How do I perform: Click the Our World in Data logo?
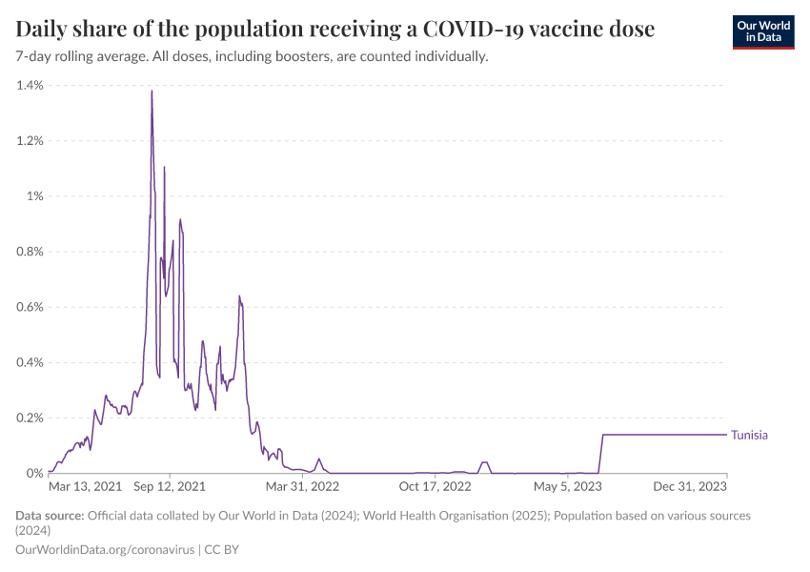(762, 31)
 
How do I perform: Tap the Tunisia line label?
(749, 435)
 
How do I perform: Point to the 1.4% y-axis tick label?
(30, 86)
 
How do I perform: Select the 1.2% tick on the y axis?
(30, 141)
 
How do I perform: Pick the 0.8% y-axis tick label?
(30, 252)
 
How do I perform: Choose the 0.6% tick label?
(30, 307)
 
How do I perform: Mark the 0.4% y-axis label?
(30, 362)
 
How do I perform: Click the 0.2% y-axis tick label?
(30, 418)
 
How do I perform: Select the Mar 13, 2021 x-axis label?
(85, 486)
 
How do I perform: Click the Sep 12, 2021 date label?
(170, 486)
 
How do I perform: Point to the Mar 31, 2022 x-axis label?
(303, 486)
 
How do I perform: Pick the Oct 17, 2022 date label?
(435, 486)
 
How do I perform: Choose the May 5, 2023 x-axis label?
(568, 486)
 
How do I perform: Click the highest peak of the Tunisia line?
(152, 92)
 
